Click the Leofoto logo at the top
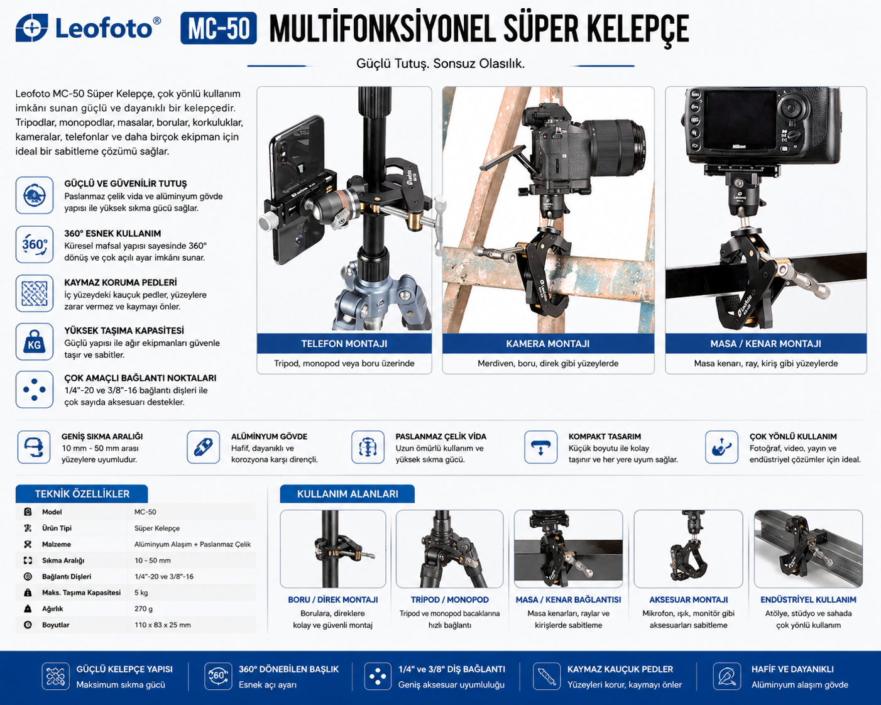coord(88,28)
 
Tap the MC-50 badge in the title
coord(219,28)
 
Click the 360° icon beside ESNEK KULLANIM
coord(35,244)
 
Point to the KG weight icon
coord(35,342)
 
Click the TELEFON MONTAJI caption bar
coord(344,344)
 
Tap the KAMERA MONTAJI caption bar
coord(548,344)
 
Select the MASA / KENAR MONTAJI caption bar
coord(766,344)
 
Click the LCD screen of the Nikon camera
coord(741,119)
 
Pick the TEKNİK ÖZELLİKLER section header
coord(82,494)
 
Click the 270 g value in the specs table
coord(144,609)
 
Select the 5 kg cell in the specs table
coord(141,593)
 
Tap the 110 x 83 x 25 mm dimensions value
coord(163,625)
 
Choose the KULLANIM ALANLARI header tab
coord(347,494)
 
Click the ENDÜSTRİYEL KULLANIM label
coord(809,600)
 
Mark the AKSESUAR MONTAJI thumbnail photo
coord(688,549)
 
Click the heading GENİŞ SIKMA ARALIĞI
coord(102,437)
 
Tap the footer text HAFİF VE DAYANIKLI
coord(792,669)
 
